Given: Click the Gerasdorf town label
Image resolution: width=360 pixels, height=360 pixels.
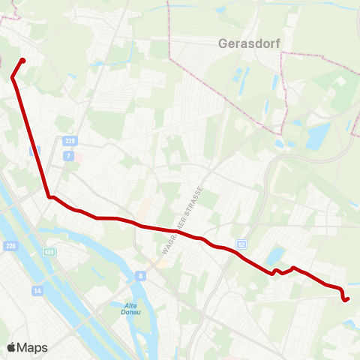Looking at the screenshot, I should coord(249,43).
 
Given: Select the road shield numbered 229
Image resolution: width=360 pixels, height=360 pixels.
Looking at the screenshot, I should coord(70,140).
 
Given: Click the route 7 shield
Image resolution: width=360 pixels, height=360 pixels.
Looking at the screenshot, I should coord(68,155).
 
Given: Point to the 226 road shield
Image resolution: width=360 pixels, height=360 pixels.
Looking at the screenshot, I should coord(10,245).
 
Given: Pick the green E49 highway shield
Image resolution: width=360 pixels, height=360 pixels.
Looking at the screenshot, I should coord(49,252).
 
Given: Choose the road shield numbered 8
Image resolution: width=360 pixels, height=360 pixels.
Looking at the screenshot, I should coord(140,276).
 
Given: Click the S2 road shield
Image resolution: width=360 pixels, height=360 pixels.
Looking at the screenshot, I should coord(241,244).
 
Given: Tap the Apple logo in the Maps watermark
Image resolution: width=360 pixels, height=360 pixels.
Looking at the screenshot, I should coord(11,347).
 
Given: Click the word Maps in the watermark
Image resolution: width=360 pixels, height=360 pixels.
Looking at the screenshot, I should coord(32,347).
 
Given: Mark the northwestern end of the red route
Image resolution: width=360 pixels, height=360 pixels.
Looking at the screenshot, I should coord(23,61).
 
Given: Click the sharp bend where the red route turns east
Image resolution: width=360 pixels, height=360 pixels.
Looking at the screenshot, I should coord(49,196).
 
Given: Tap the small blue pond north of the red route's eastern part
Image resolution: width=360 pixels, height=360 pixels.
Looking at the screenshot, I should coord(275,255).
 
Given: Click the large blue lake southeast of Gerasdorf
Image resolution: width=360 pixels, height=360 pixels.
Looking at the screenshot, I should coord(318,135).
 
